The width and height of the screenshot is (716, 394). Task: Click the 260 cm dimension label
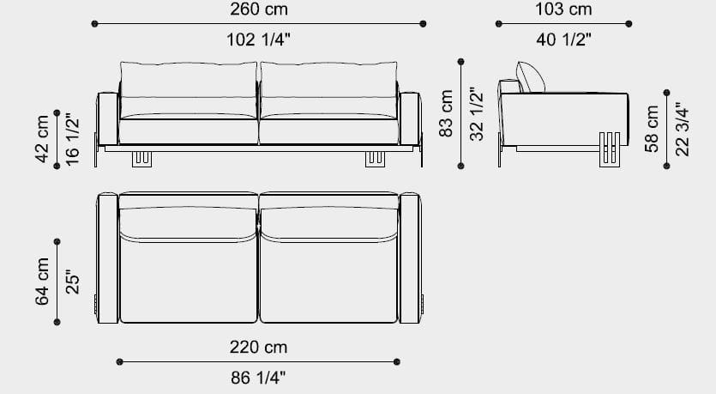click(259, 9)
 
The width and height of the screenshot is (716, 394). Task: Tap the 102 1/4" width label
click(258, 39)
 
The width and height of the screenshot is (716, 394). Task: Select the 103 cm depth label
click(563, 9)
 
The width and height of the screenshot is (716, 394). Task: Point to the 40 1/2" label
click(563, 39)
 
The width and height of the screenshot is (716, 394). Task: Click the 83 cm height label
click(446, 113)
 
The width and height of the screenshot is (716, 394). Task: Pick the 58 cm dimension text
click(652, 129)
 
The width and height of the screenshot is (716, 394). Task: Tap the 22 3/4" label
click(682, 129)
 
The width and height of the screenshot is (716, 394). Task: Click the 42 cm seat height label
click(42, 139)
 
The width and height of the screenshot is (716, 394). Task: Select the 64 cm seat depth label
click(42, 282)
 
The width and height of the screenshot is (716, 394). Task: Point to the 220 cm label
click(258, 348)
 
